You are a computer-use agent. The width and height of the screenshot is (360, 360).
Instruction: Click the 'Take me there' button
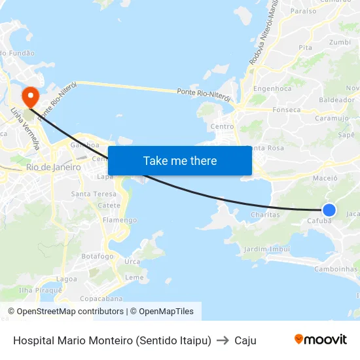pos(179,160)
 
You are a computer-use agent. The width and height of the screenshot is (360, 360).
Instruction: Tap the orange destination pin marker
pos(30,97)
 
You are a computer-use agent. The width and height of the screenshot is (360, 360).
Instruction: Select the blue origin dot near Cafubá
pos(329,209)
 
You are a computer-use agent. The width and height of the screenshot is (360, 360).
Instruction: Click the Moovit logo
pos(320,340)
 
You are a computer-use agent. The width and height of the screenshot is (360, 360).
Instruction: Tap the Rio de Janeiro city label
pos(54,168)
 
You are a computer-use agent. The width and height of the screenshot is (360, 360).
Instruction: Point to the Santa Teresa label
pos(94,194)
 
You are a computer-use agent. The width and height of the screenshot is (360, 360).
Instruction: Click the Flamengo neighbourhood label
pos(119,221)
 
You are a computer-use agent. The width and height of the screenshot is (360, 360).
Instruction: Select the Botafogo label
pos(98,256)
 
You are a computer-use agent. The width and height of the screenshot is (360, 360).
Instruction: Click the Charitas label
pos(266,214)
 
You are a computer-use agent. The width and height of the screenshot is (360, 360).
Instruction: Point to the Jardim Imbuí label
pos(266,249)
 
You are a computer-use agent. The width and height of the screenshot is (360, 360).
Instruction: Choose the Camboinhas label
pos(336,268)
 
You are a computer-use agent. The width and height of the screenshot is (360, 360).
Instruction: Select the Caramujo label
pos(331,118)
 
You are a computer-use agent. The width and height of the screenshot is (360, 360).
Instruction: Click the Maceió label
pos(325,177)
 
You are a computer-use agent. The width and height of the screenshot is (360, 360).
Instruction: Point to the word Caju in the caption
pos(245,340)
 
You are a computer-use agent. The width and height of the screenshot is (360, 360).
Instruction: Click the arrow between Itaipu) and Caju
pos(223,340)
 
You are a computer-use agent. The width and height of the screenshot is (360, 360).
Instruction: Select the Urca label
pos(132,262)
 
